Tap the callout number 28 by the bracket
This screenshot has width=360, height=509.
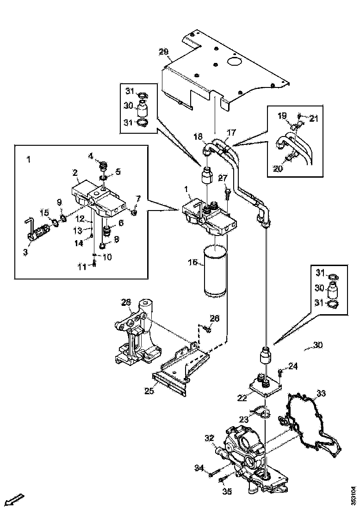point(126,303)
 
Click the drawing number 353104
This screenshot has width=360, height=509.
point(354,495)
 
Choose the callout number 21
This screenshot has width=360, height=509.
point(315,118)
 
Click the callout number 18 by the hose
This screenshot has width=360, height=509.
point(198,137)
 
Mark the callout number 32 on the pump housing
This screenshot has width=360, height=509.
point(209,438)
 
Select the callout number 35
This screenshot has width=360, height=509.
point(227,492)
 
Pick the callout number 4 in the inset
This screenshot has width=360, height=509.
point(91,155)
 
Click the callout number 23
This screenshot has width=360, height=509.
point(244,420)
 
